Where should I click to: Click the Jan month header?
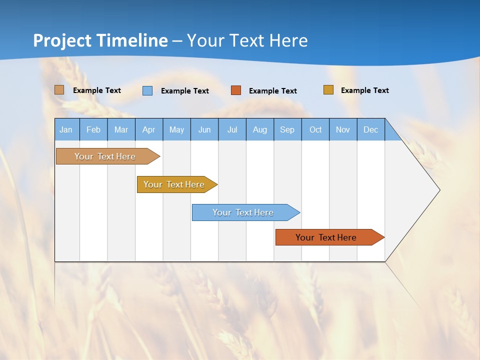pyautogui.click(x=66, y=129)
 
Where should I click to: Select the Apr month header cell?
pyautogui.click(x=149, y=129)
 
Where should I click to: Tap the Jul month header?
pyautogui.click(x=232, y=129)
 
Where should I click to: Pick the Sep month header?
pyautogui.click(x=287, y=129)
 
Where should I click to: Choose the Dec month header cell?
pyautogui.click(x=370, y=129)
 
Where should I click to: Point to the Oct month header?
pyautogui.click(x=315, y=129)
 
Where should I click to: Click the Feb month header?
pyautogui.click(x=93, y=129)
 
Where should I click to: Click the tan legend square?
pyautogui.click(x=59, y=90)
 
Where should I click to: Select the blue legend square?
pyautogui.click(x=147, y=90)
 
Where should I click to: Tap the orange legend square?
pyautogui.click(x=236, y=90)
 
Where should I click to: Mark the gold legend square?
pyautogui.click(x=328, y=90)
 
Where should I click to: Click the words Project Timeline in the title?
pyautogui.click(x=100, y=40)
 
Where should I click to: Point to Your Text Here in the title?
pyautogui.click(x=247, y=40)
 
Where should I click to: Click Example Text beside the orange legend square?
pyautogui.click(x=273, y=91)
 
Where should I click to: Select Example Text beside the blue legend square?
pyautogui.click(x=185, y=91)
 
